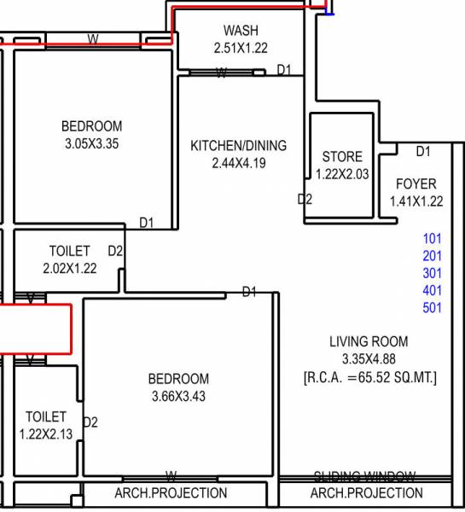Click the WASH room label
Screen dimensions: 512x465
(241, 32)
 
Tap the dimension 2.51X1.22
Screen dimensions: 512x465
(241, 49)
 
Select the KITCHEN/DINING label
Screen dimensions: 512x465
(238, 146)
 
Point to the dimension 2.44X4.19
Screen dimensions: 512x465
(238, 163)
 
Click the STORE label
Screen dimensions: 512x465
(342, 157)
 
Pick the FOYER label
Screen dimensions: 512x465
(416, 184)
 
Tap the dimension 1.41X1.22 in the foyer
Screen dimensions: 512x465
(416, 201)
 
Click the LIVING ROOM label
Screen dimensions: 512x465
(369, 342)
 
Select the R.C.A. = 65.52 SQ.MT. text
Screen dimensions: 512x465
(369, 376)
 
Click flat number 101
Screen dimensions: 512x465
(433, 238)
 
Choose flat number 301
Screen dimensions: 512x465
(433, 273)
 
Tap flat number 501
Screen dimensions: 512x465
(433, 307)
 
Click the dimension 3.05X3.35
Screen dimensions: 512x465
(91, 144)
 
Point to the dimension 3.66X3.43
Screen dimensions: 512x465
(177, 396)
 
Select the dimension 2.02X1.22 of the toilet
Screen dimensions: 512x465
(70, 268)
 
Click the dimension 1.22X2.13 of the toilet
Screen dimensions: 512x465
(46, 433)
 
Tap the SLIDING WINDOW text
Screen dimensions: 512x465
(364, 476)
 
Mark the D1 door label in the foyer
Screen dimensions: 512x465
(423, 152)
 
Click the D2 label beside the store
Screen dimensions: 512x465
(305, 200)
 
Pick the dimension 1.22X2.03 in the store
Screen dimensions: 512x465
(342, 173)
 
